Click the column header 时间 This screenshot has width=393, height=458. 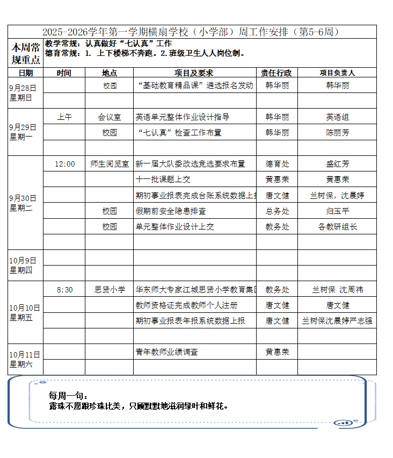[64, 73]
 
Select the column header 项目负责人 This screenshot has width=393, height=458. [337, 73]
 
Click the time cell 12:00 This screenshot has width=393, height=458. [64, 164]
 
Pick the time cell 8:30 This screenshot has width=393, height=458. [64, 290]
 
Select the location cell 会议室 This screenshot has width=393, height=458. [110, 117]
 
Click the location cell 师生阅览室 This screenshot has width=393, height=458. [110, 164]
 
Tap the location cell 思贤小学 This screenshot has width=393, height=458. [110, 290]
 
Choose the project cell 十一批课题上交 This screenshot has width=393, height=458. [163, 180]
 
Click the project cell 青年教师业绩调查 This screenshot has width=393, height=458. [167, 352]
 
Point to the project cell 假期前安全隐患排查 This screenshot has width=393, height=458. [171, 211]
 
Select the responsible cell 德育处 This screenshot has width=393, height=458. [277, 164]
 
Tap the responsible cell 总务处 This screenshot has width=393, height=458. [277, 211]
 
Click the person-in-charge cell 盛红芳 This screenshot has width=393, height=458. [337, 164]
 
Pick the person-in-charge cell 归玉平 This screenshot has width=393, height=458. [337, 211]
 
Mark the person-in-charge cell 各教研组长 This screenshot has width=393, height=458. [337, 227]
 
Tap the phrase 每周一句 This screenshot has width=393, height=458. [64, 396]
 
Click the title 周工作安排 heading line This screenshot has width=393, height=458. [191, 32]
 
